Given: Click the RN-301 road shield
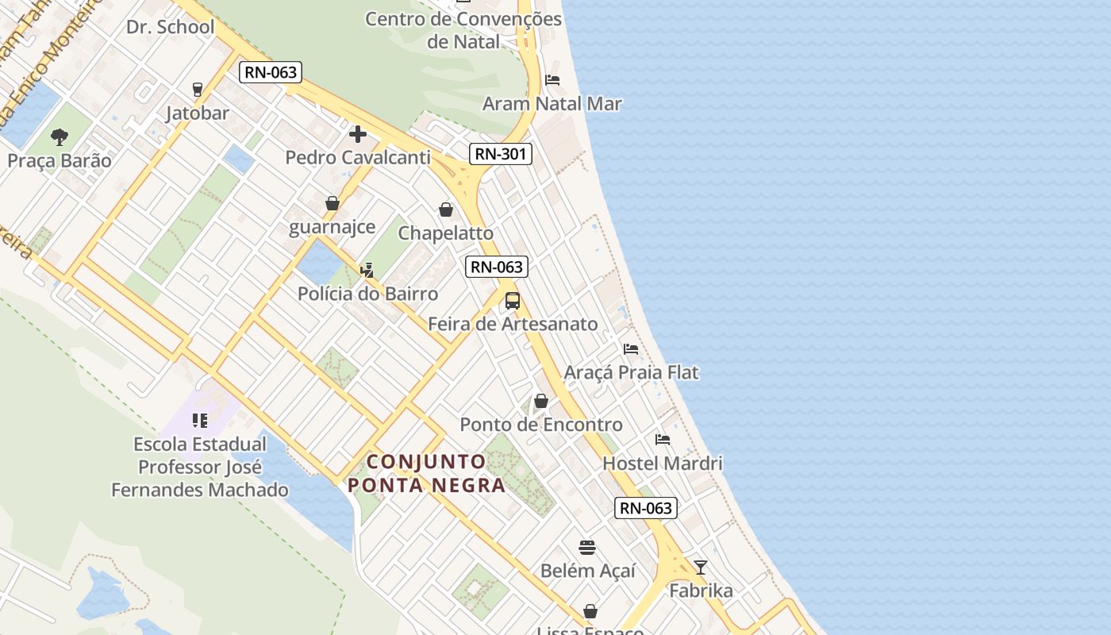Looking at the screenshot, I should coord(500,154).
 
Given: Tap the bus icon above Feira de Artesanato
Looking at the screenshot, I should coord(513,301).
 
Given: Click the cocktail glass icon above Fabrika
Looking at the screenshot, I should coord(701,567).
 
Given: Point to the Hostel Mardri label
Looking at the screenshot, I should coord(663,463).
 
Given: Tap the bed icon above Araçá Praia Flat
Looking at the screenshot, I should coord(631,348).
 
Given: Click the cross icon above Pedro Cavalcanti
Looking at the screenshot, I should coord(358,134).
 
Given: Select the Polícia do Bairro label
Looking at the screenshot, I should coord(367,294).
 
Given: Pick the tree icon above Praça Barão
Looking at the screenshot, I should coord(60,137).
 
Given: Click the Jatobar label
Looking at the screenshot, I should coord(198,113).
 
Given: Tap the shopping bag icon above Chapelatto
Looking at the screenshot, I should coord(446,210).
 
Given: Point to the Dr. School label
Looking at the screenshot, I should coord(170,27).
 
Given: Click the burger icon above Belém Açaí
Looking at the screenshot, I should coord(587,547).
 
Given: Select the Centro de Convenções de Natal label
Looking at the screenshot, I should coord(463,30).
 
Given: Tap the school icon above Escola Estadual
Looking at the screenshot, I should coord(200,420).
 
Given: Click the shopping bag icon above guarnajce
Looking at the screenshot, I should coord(333,204).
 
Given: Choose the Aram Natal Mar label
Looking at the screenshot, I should coord(552,103).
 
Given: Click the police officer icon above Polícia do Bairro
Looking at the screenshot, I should coord(367,271).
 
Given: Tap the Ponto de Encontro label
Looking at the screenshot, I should coord(541,425).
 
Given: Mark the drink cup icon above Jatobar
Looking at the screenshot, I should coord(198,89).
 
